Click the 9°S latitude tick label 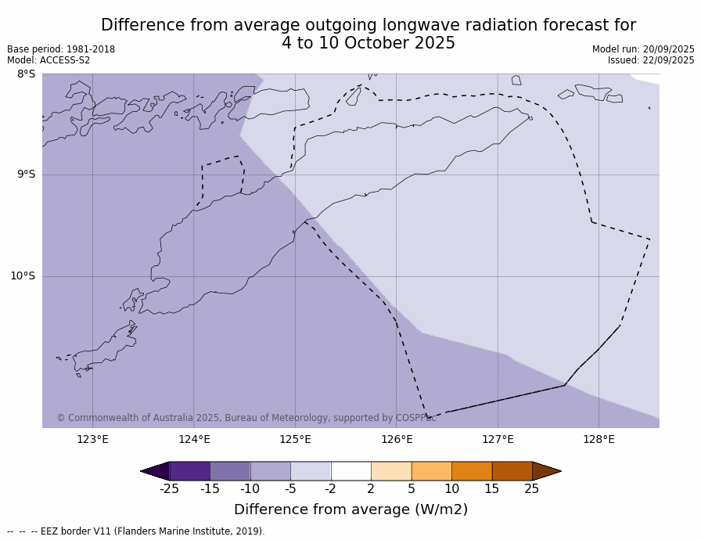click(x=26, y=175)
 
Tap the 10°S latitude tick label click(x=23, y=275)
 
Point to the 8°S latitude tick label click(x=26, y=74)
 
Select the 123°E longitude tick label click(x=92, y=439)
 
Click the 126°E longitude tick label click(x=397, y=439)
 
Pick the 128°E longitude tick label click(x=599, y=439)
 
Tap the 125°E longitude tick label click(x=295, y=439)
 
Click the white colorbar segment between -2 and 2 click(x=350, y=471)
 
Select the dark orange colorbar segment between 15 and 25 click(x=512, y=471)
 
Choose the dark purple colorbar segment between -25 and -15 click(x=189, y=471)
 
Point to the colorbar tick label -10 click(x=250, y=489)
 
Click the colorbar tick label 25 click(x=532, y=489)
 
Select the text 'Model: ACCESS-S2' click(x=49, y=60)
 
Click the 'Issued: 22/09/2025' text click(x=651, y=60)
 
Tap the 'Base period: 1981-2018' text click(x=61, y=49)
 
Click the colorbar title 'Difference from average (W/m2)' click(x=350, y=509)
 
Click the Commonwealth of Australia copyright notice click(x=246, y=418)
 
